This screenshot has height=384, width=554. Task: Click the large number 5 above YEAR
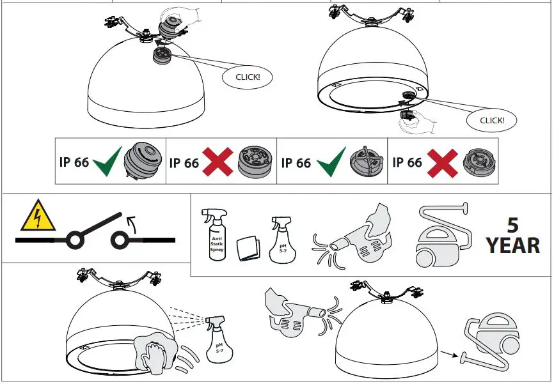click(x=512, y=225)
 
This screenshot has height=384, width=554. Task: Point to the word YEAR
click(x=512, y=245)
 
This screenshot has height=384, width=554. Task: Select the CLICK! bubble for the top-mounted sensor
click(x=247, y=77)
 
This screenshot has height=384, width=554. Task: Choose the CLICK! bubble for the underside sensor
click(x=491, y=119)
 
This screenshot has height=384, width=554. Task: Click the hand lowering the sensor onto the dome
click(x=181, y=19)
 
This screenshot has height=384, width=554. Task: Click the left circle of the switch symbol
click(x=75, y=240)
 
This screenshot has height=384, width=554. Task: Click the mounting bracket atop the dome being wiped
click(x=120, y=279)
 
